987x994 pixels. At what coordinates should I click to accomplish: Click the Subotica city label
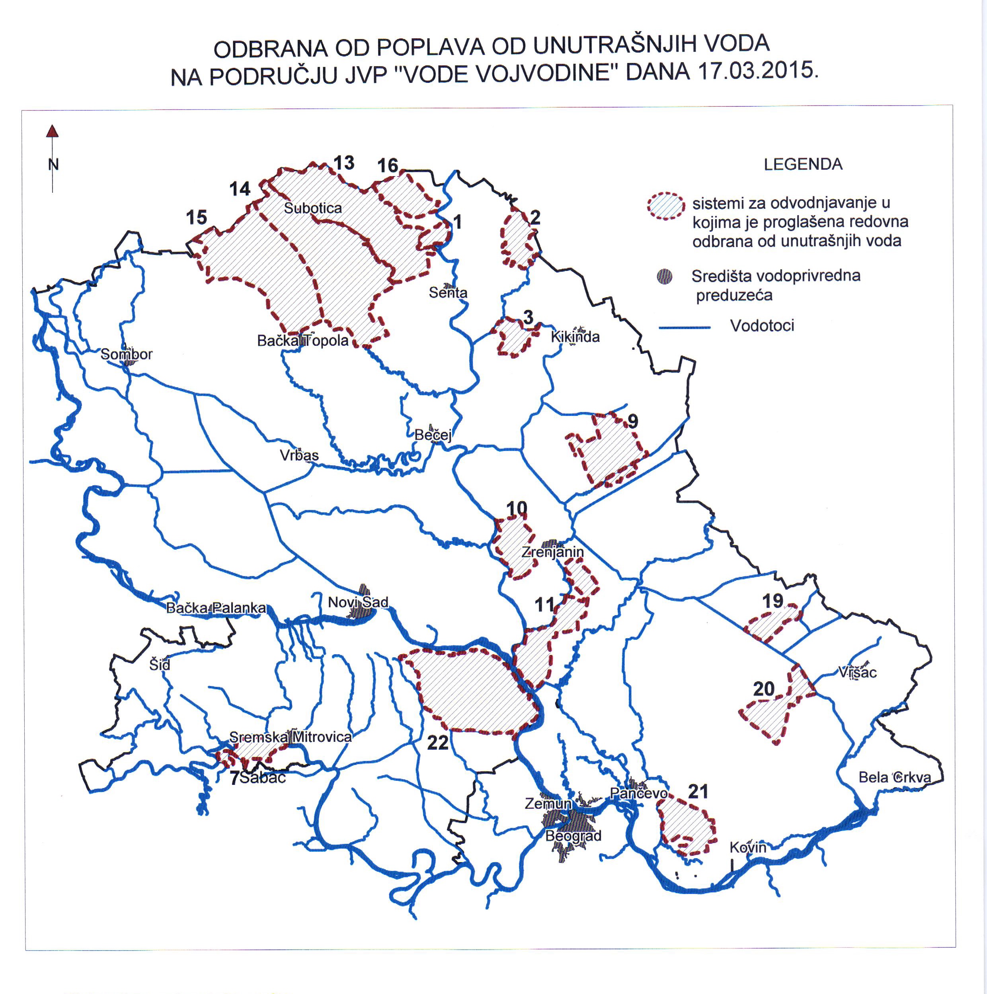(312, 208)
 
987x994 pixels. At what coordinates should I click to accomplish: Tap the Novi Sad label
(358, 602)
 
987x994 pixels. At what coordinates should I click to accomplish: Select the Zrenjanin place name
(553, 552)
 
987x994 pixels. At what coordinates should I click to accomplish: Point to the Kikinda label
(575, 337)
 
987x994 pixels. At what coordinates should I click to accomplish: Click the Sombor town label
(127, 355)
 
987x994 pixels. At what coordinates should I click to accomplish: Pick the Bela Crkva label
(895, 777)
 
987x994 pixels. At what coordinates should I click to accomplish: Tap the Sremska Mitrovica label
(291, 737)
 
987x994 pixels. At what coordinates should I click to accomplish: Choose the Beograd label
(573, 836)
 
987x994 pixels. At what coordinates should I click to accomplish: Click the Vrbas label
(299, 455)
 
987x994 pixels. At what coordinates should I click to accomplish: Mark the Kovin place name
(748, 847)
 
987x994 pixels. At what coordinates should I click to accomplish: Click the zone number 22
(438, 743)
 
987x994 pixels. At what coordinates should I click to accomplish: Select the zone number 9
(633, 422)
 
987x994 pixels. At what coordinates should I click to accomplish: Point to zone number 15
(196, 218)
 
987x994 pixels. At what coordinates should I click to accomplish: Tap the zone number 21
(698, 792)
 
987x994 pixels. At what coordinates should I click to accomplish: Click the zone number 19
(772, 601)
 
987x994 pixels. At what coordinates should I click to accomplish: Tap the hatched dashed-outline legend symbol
(666, 206)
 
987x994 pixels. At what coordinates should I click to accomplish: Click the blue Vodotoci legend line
(684, 327)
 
